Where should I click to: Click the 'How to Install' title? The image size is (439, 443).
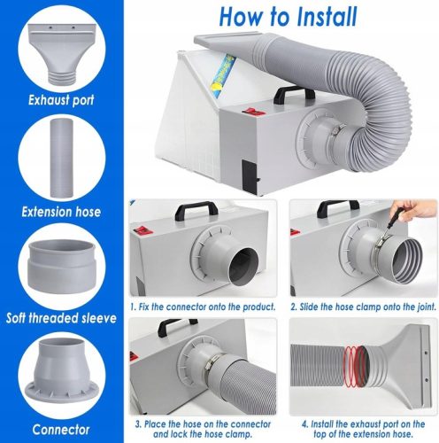coord(289,16)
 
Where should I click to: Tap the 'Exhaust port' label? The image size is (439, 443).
coord(61,100)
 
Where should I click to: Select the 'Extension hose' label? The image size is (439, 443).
coord(61,212)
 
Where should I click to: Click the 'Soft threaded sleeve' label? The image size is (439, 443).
coord(61,318)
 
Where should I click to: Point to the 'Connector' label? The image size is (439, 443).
coord(61,430)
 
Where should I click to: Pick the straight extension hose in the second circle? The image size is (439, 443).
coord(61,158)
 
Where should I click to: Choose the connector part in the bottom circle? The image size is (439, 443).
coord(61,374)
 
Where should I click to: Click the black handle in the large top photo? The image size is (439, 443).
coord(294,95)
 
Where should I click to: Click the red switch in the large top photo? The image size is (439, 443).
coord(253,112)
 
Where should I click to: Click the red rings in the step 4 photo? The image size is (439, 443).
coord(355,366)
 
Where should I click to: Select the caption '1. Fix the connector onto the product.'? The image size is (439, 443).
coord(203,307)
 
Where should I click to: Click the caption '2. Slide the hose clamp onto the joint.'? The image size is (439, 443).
coord(363,307)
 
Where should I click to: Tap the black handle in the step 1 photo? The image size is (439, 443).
coord(196,210)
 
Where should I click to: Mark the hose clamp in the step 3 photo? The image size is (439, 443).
coord(211,364)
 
